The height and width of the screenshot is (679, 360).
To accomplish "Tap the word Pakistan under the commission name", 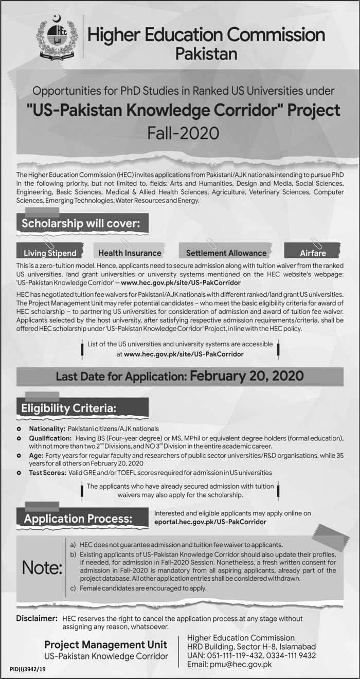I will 206,53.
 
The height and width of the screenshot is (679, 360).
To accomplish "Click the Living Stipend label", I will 50,253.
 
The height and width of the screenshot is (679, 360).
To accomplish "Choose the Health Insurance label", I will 130,253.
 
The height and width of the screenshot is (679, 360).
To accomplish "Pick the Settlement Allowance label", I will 226,253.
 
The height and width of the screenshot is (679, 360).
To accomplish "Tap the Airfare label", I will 313,253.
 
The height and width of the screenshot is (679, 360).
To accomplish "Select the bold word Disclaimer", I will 37,618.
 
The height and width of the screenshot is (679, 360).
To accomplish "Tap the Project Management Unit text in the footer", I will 105,644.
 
